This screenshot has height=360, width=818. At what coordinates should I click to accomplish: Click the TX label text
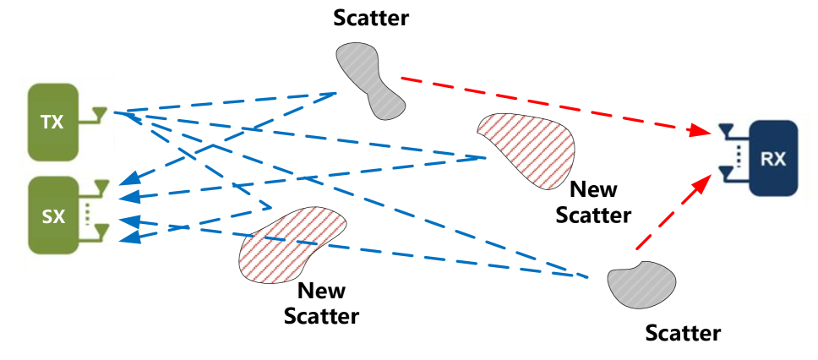[x=52, y=123]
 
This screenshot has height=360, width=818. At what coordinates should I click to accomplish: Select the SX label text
[x=53, y=217]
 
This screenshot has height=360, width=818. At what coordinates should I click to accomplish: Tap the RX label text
[x=773, y=158]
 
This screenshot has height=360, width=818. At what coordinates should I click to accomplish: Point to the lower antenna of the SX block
[x=101, y=231]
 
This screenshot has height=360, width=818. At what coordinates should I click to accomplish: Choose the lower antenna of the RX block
[x=726, y=175]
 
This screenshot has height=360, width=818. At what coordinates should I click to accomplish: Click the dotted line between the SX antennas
[x=88, y=210]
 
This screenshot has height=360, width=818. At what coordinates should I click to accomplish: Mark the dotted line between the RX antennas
[x=739, y=155]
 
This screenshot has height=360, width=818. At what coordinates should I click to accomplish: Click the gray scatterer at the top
[x=369, y=79]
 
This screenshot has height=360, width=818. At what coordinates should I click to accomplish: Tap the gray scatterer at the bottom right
[x=642, y=285]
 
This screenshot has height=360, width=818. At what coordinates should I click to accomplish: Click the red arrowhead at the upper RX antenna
[x=701, y=131]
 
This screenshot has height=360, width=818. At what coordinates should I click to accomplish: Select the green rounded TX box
[x=52, y=123]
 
